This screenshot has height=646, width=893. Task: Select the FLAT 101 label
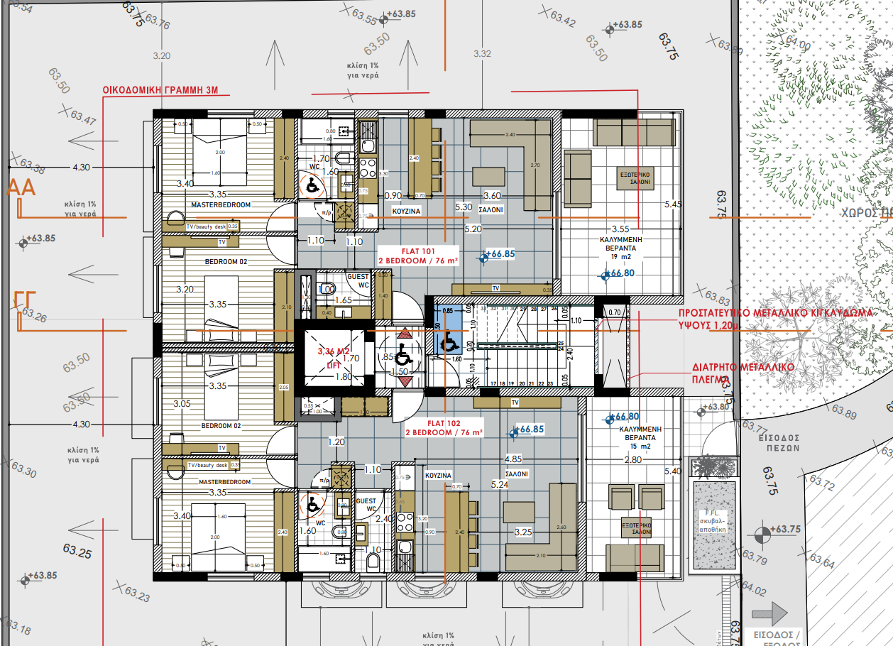pos(417,251)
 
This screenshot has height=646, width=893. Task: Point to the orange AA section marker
pos(21,189)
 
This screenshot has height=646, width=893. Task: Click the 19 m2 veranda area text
pos(611,257)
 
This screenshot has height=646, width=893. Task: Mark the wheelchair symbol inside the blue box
pos(449,344)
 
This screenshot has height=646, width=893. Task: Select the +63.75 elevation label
pos(784,530)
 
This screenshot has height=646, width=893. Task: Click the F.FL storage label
pos(713,514)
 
